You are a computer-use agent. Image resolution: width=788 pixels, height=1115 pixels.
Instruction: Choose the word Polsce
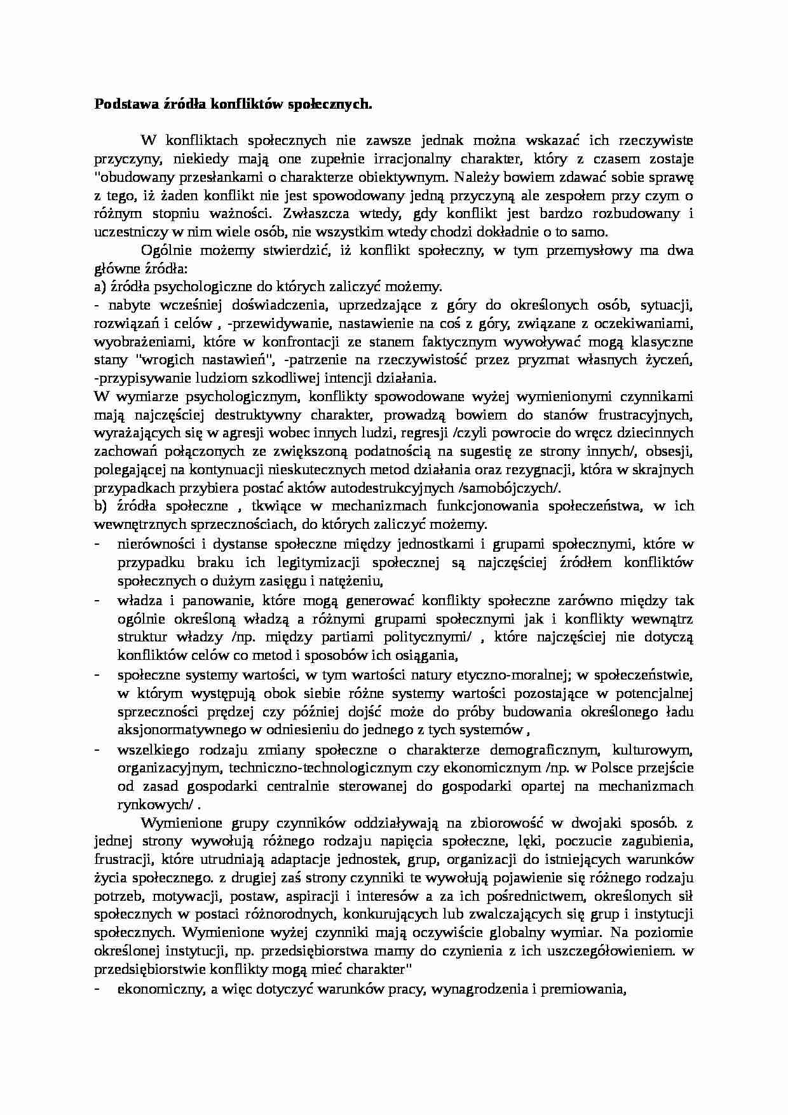point(609,768)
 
